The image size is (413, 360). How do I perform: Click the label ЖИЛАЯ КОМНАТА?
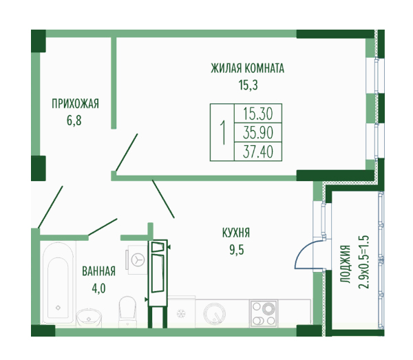[x=247, y=68]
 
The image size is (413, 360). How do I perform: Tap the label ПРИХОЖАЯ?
[x=75, y=104]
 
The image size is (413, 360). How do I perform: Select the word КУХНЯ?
[x=236, y=233]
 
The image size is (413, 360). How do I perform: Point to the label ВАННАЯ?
[x=98, y=271]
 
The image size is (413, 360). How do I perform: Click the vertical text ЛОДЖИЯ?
[x=345, y=264]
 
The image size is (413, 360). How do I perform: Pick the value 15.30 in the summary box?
[x=258, y=114]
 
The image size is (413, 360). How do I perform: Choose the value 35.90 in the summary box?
[x=258, y=133]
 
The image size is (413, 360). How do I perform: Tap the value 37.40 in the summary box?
[x=258, y=151]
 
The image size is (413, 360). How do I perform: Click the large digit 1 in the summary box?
[x=223, y=132]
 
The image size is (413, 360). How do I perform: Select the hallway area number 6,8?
[x=74, y=120]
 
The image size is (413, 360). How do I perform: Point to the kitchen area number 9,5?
[x=237, y=250]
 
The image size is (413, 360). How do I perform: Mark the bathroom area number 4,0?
[x=98, y=288]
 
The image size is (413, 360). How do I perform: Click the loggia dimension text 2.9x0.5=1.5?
[x=363, y=262]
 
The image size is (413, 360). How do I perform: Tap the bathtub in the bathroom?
[x=59, y=283]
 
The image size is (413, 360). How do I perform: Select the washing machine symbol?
[x=138, y=260]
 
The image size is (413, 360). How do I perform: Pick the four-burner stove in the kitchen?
[x=264, y=313]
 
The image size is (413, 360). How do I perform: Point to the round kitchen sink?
[x=214, y=314]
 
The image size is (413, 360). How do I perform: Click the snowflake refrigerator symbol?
[x=181, y=313]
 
